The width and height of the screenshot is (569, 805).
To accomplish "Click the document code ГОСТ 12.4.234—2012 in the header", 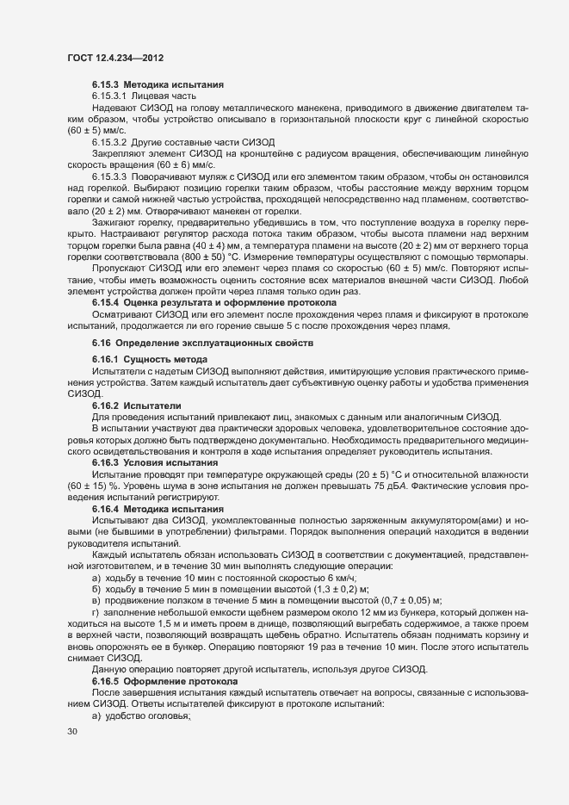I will pos(116,58).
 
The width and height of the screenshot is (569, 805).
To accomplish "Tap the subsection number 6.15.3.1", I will pos(109,97).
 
